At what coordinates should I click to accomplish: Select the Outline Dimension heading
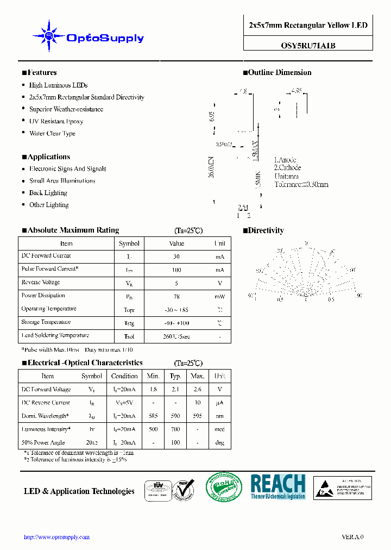[280, 72]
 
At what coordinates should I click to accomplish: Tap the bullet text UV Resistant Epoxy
[56, 121]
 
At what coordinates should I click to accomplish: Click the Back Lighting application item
[48, 193]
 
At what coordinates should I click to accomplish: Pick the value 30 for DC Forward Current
[176, 256]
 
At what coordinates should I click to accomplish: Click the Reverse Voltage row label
[41, 283]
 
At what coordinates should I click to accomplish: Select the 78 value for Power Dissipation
[176, 296]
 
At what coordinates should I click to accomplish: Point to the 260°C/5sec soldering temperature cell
[176, 336]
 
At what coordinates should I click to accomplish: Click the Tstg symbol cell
[129, 323]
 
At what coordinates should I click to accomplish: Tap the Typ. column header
[175, 376]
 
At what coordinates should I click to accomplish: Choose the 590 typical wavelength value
[175, 416]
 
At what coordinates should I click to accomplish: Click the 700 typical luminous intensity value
[175, 429]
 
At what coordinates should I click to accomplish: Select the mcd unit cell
[220, 429]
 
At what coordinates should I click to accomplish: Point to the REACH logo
[278, 486]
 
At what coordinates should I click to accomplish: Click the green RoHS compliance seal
[223, 486]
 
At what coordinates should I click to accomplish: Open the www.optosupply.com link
[57, 537]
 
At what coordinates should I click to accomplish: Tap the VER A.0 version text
[352, 537]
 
